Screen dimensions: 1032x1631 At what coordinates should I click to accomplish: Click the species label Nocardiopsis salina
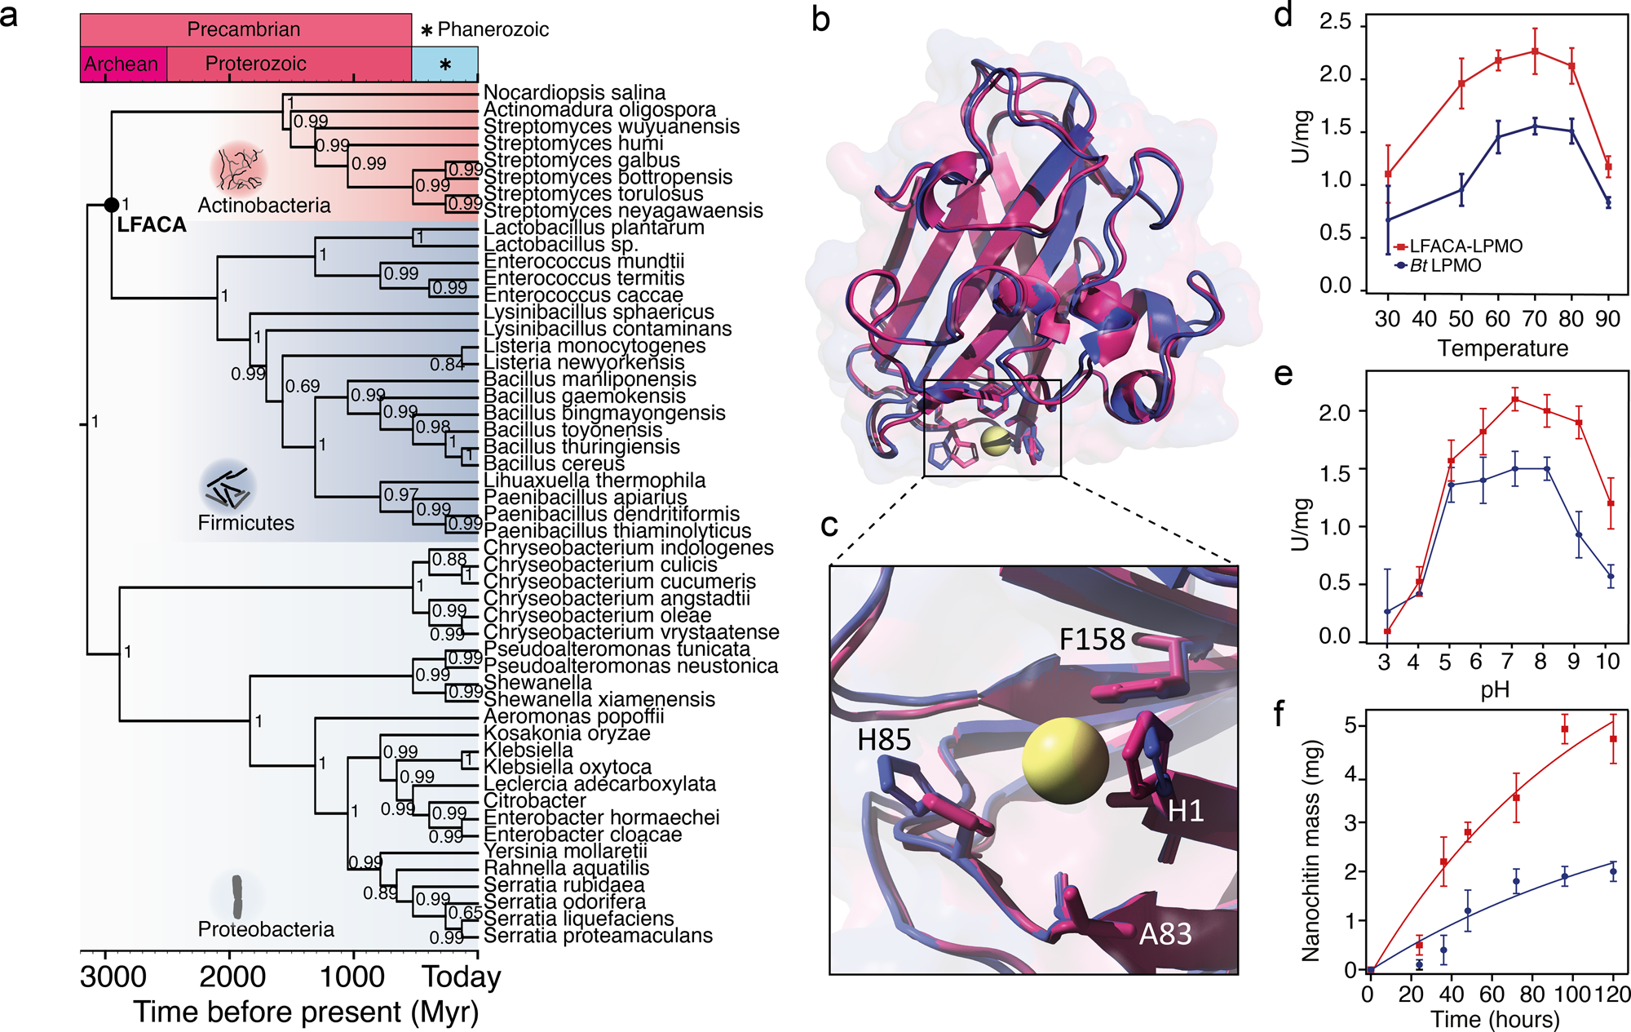[574, 93]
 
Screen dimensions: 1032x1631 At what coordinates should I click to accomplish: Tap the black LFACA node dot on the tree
[112, 204]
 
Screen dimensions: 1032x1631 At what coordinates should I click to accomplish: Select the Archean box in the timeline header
[122, 64]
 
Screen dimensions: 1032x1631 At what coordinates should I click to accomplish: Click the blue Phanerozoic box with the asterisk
[444, 64]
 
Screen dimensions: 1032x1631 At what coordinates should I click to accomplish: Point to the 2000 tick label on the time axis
[233, 977]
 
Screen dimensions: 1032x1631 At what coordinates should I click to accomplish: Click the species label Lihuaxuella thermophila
[594, 481]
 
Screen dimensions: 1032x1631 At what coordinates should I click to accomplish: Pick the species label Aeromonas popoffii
[573, 716]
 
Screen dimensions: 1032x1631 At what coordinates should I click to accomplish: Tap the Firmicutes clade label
[246, 523]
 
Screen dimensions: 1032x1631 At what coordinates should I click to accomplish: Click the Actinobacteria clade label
[264, 206]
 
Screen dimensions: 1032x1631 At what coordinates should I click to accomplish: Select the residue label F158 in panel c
[1092, 640]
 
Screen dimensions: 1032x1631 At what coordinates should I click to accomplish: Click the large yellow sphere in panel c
[1065, 761]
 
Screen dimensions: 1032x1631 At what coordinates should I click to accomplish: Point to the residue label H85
[884, 740]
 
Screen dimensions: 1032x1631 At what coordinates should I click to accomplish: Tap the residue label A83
[1165, 934]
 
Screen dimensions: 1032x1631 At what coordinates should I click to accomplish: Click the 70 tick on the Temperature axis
[1534, 319]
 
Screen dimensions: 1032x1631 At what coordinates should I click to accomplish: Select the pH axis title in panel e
[1495, 690]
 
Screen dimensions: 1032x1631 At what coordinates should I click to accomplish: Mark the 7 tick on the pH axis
[1508, 661]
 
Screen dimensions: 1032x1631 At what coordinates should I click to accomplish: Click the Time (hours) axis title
[1495, 1019]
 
